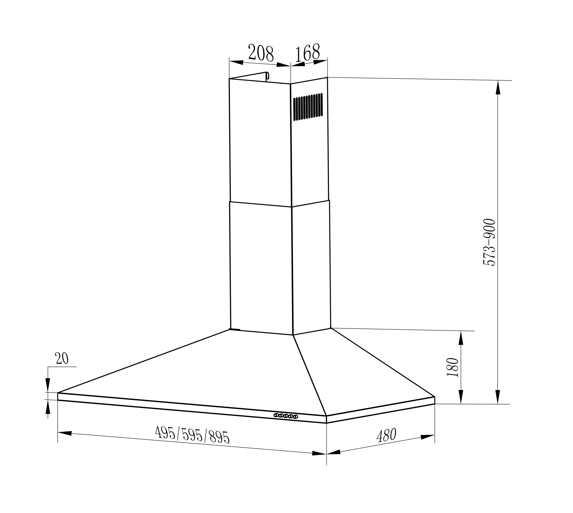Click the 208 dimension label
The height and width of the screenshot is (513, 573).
tap(261, 53)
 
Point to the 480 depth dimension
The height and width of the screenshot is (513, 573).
tap(386, 435)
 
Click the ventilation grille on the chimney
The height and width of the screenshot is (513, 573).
tap(308, 107)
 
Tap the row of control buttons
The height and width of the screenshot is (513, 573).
tap(286, 416)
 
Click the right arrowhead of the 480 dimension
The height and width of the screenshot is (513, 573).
tap(427, 437)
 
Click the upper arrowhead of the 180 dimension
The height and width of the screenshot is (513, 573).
tap(461, 338)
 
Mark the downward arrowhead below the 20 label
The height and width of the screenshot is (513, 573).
tap(48, 385)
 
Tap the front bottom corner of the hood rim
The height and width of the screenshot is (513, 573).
tap(326, 423)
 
